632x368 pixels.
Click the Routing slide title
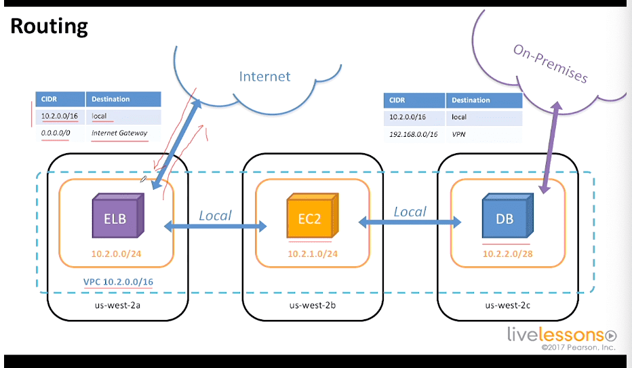coord(49,26)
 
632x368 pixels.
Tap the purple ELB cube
coord(118,216)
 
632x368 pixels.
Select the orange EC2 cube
coord(313,216)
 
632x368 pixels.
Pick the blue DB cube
coord(507,216)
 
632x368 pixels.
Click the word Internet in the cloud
coord(264,77)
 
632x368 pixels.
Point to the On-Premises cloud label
coord(550,63)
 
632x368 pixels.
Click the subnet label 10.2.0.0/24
coord(116,253)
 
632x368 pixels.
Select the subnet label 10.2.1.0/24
coord(313,253)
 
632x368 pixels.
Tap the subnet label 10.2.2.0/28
coord(507,253)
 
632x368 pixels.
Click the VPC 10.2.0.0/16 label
coord(118,282)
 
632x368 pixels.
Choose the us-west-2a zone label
coord(117,305)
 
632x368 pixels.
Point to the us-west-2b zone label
coord(313,305)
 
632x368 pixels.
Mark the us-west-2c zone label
coord(507,305)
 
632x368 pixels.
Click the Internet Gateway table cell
coord(119,133)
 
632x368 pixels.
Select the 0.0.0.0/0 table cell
coord(56,133)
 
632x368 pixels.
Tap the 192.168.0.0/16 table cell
coord(413,134)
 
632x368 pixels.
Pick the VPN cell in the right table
coord(458,134)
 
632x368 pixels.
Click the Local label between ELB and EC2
coord(215,216)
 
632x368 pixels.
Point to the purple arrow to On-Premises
coord(550,147)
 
